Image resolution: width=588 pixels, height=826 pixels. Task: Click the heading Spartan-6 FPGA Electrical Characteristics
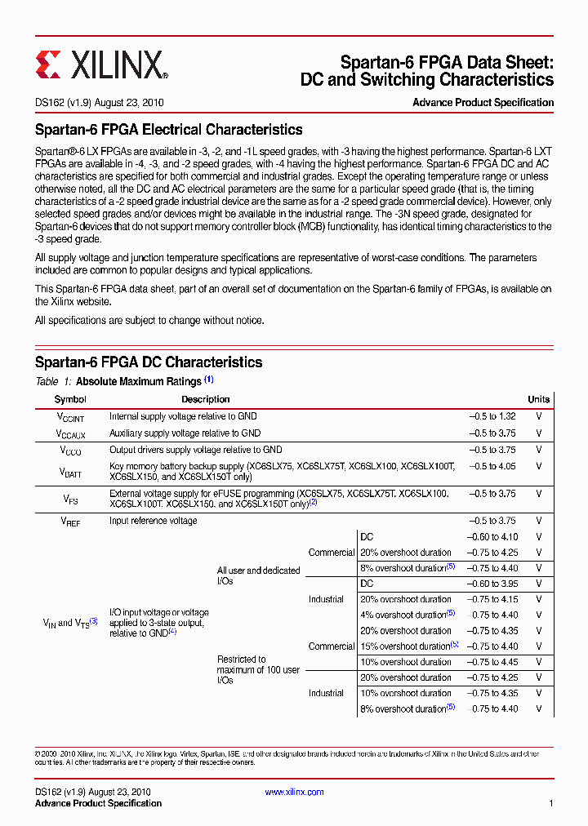coord(168,130)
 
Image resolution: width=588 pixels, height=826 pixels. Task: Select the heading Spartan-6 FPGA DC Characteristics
coord(149,362)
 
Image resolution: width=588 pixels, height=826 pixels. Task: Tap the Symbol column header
coord(70,399)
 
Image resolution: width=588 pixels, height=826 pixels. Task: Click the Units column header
coord(538,399)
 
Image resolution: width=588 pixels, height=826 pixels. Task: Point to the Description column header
coord(205,399)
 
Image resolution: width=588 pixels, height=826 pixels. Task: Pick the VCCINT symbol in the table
coord(70,417)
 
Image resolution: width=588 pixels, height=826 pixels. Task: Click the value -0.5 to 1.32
coord(492,416)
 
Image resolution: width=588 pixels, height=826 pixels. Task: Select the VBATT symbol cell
coord(70,472)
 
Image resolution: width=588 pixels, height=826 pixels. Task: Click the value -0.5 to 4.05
coord(492,466)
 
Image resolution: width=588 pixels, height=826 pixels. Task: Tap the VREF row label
coord(70,522)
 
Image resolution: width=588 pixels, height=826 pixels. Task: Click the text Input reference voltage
coord(154,521)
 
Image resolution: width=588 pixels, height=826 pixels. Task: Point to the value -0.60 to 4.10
coord(492,537)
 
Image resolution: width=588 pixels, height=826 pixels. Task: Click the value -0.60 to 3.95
coord(492,584)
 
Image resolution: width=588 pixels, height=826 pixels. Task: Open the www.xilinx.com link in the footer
coord(294,792)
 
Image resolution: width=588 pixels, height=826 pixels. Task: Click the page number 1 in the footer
coord(551,804)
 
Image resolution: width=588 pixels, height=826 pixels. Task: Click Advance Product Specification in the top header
coord(483,103)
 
